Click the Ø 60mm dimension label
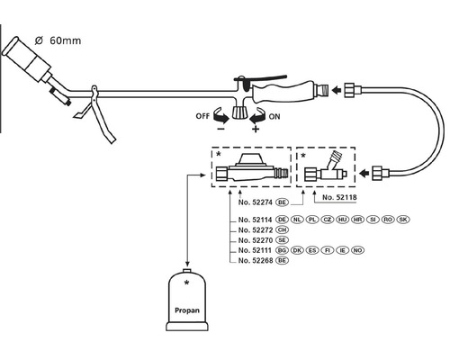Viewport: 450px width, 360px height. [x=58, y=40]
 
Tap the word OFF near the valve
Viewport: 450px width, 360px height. [x=202, y=116]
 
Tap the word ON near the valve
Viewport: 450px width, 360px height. [x=274, y=116]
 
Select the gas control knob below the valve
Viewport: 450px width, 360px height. [x=239, y=112]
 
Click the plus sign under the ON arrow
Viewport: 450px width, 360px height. [x=256, y=129]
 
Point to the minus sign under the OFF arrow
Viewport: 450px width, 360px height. [x=221, y=129]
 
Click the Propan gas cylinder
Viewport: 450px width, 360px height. [x=187, y=300]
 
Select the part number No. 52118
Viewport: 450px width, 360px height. [x=339, y=197]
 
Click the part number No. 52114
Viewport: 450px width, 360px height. [x=255, y=220]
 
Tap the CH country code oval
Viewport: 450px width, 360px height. [x=282, y=229]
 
